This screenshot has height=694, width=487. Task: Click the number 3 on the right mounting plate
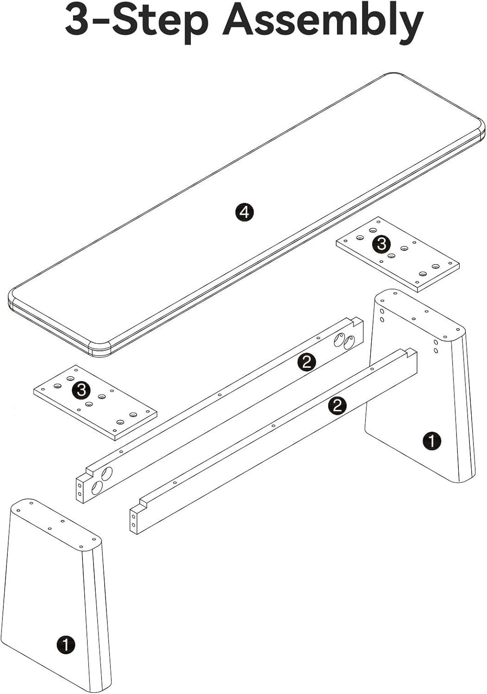pos(381,243)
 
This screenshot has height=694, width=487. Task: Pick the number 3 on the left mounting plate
pos(81,390)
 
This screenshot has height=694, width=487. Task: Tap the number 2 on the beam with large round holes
pos(306,362)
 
